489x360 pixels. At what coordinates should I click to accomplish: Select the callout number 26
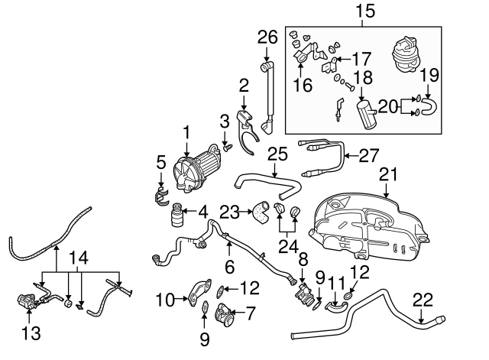[266, 37]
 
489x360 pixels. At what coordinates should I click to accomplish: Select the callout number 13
[28, 333]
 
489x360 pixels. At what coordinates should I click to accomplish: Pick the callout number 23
[230, 211]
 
